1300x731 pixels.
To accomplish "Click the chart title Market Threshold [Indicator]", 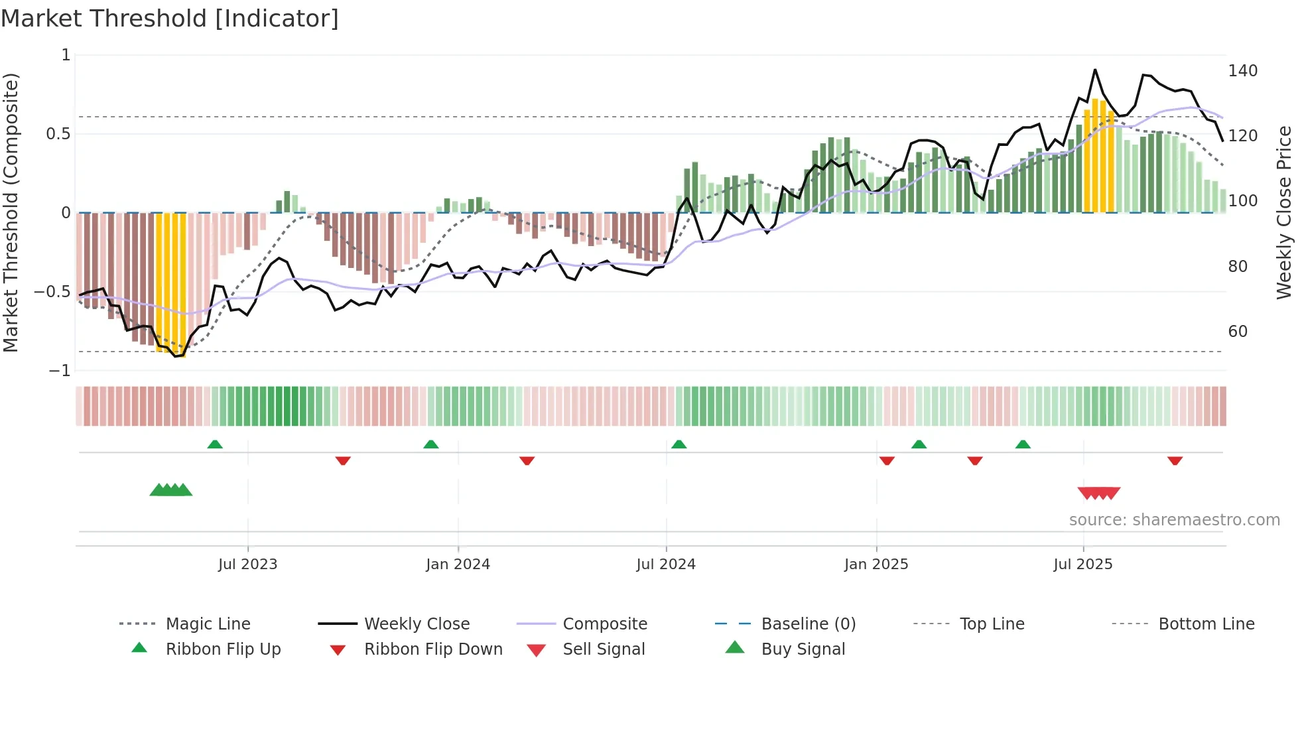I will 170,19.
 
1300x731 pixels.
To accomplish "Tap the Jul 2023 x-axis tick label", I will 247,565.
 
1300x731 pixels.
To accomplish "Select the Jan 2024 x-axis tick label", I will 458,565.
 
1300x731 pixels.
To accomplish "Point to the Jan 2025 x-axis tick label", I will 876,565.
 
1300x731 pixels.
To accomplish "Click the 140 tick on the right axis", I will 1242,71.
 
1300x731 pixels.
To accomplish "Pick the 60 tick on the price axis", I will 1238,332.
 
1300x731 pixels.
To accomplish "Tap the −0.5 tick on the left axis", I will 52,292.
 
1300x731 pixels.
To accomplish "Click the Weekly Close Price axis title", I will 1284,212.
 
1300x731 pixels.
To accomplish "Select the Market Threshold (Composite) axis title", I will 11,212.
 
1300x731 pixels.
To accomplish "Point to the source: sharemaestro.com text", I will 1174,520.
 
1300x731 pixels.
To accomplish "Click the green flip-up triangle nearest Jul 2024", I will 679,444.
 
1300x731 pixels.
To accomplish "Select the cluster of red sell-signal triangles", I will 1099,493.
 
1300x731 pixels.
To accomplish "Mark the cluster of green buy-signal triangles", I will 171,490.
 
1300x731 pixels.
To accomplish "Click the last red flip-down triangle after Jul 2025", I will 1175,460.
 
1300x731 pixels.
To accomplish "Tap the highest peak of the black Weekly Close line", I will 1094,70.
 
